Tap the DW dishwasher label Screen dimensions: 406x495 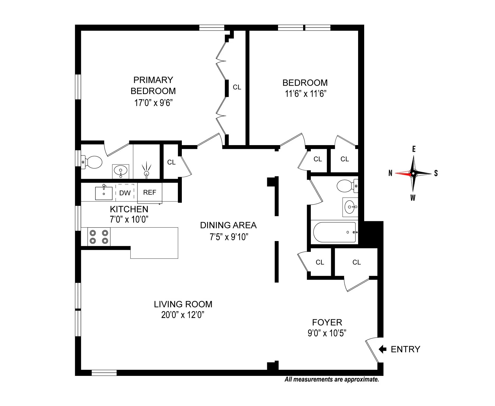pyautogui.click(x=125, y=193)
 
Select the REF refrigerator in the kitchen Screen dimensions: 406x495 pyautogui.click(x=150, y=193)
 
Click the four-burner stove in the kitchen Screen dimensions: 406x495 pyautogui.click(x=99, y=237)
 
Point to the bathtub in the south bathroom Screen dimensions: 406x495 pyautogui.click(x=334, y=232)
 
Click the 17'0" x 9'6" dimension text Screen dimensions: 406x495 pyautogui.click(x=153, y=103)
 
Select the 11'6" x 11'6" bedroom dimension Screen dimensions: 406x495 pyautogui.click(x=306, y=94)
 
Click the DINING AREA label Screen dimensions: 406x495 pyautogui.click(x=228, y=225)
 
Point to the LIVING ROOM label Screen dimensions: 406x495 pyautogui.click(x=183, y=304)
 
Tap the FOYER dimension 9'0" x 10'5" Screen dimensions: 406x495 pyautogui.click(x=327, y=333)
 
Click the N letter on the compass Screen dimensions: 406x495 pyautogui.click(x=390, y=173)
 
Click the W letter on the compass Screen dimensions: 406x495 pyautogui.click(x=413, y=198)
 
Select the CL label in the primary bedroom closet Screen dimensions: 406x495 pyautogui.click(x=237, y=87)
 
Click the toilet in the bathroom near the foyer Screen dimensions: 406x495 pyautogui.click(x=347, y=186)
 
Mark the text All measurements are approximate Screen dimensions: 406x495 pyautogui.click(x=332, y=379)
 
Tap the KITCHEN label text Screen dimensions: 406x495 pyautogui.click(x=129, y=209)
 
